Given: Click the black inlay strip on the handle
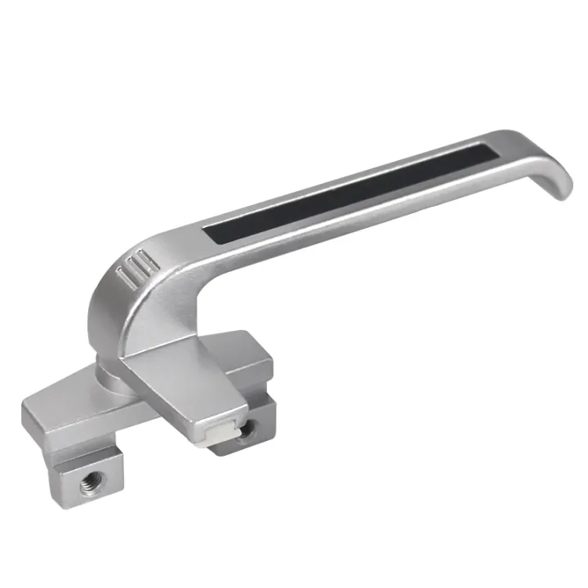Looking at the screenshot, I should tap(351, 192).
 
